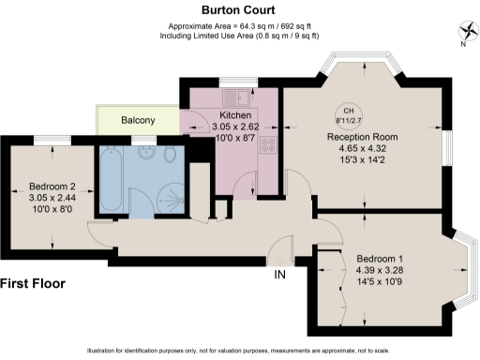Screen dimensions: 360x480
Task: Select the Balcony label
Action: [138, 120]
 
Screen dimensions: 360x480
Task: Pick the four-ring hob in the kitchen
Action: [268, 145]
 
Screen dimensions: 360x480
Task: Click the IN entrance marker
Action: [279, 274]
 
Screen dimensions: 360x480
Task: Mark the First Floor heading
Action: [33, 282]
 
